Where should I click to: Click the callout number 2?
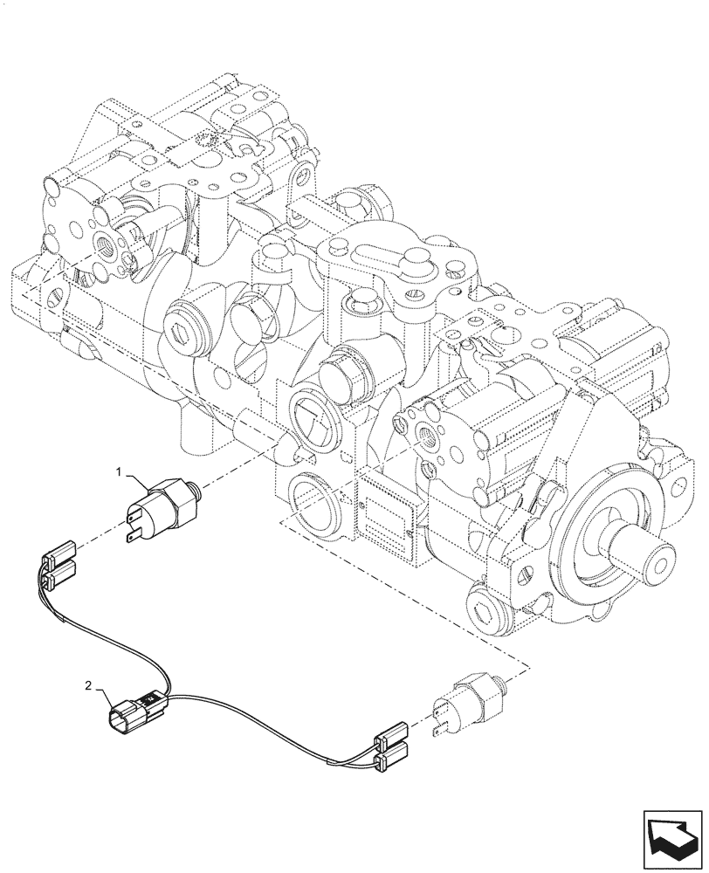pos(89,686)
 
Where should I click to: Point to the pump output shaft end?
pos(659,553)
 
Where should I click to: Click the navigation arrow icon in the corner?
pos(672,833)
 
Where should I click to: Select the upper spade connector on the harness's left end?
pos(59,553)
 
